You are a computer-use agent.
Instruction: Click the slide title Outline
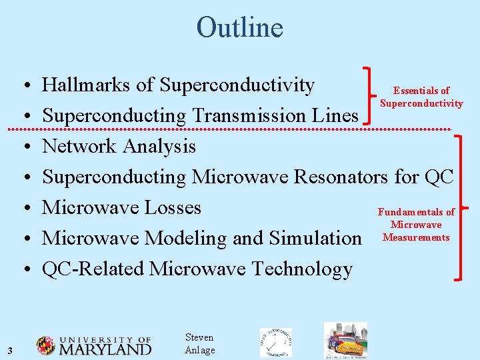click(x=239, y=28)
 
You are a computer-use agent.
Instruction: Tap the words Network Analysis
click(x=119, y=146)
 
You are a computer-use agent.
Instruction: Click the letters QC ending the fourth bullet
click(x=439, y=177)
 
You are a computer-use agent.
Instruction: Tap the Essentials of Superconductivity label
click(x=421, y=97)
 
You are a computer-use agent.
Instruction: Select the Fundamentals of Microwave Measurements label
click(x=416, y=225)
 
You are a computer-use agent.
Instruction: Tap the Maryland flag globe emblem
click(x=46, y=345)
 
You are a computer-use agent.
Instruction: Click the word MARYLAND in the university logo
click(x=105, y=349)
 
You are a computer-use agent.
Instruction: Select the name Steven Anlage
click(x=199, y=344)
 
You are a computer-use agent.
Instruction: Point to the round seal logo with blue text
click(x=275, y=343)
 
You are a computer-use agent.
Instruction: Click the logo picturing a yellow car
click(x=345, y=341)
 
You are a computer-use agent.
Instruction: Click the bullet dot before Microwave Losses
click(x=24, y=208)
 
